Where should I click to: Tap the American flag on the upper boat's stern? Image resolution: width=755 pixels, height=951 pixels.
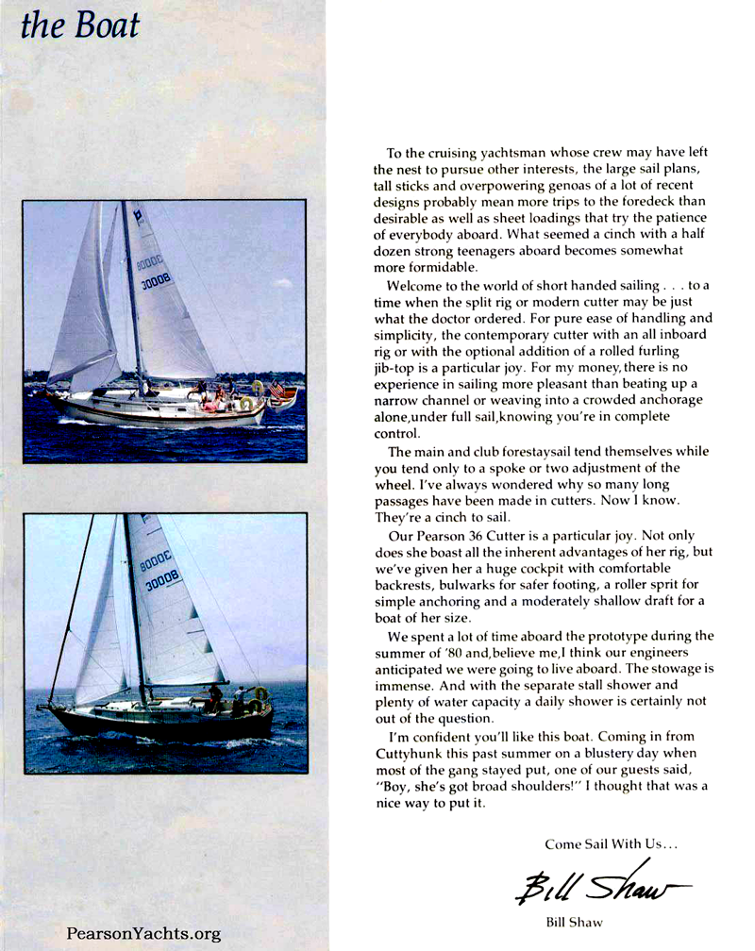pyautogui.click(x=277, y=389)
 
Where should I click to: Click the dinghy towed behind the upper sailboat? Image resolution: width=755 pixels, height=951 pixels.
pyautogui.click(x=282, y=400)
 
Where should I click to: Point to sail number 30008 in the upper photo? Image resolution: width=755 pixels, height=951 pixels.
pyautogui.click(x=157, y=279)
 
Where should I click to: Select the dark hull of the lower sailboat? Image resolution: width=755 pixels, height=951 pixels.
pyautogui.click(x=160, y=722)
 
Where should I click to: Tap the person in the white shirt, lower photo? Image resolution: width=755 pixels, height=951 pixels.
pyautogui.click(x=238, y=699)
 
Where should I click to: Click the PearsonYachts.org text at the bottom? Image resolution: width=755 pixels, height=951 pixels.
pyautogui.click(x=143, y=934)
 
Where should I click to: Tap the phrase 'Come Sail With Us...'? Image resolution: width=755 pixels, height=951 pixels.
pyautogui.click(x=596, y=842)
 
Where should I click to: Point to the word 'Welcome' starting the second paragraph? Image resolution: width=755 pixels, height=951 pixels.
pyautogui.click(x=417, y=287)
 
